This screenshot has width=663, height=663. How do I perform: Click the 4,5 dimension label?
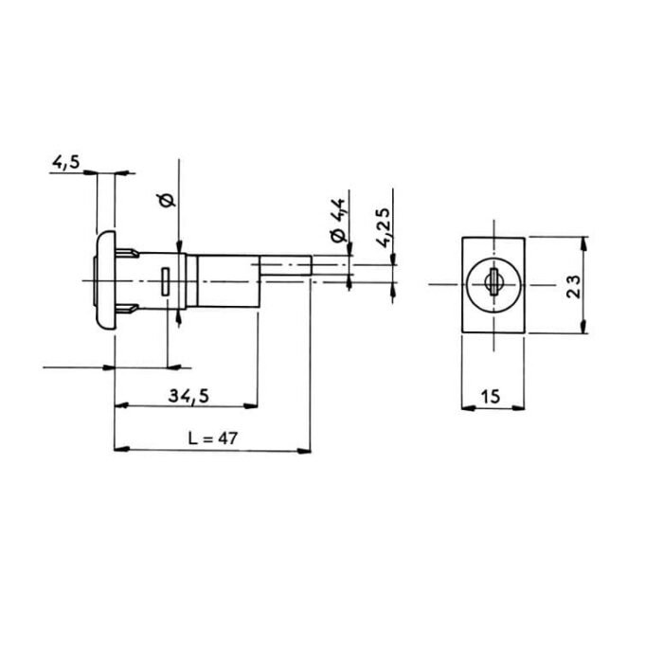[65, 163]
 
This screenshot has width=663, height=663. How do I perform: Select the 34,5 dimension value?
[189, 397]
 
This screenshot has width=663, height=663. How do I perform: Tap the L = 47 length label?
[211, 439]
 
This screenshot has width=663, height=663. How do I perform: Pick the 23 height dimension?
[571, 284]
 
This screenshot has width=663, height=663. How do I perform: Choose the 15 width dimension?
[491, 397]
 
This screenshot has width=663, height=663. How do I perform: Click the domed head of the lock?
[104, 282]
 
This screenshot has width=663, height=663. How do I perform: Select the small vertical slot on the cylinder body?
[167, 282]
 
